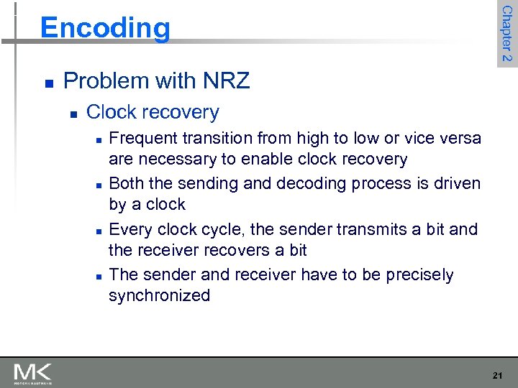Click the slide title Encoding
[106, 28]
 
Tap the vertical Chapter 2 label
[506, 33]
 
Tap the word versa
[458, 138]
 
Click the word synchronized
[159, 295]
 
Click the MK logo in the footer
[32, 374]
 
